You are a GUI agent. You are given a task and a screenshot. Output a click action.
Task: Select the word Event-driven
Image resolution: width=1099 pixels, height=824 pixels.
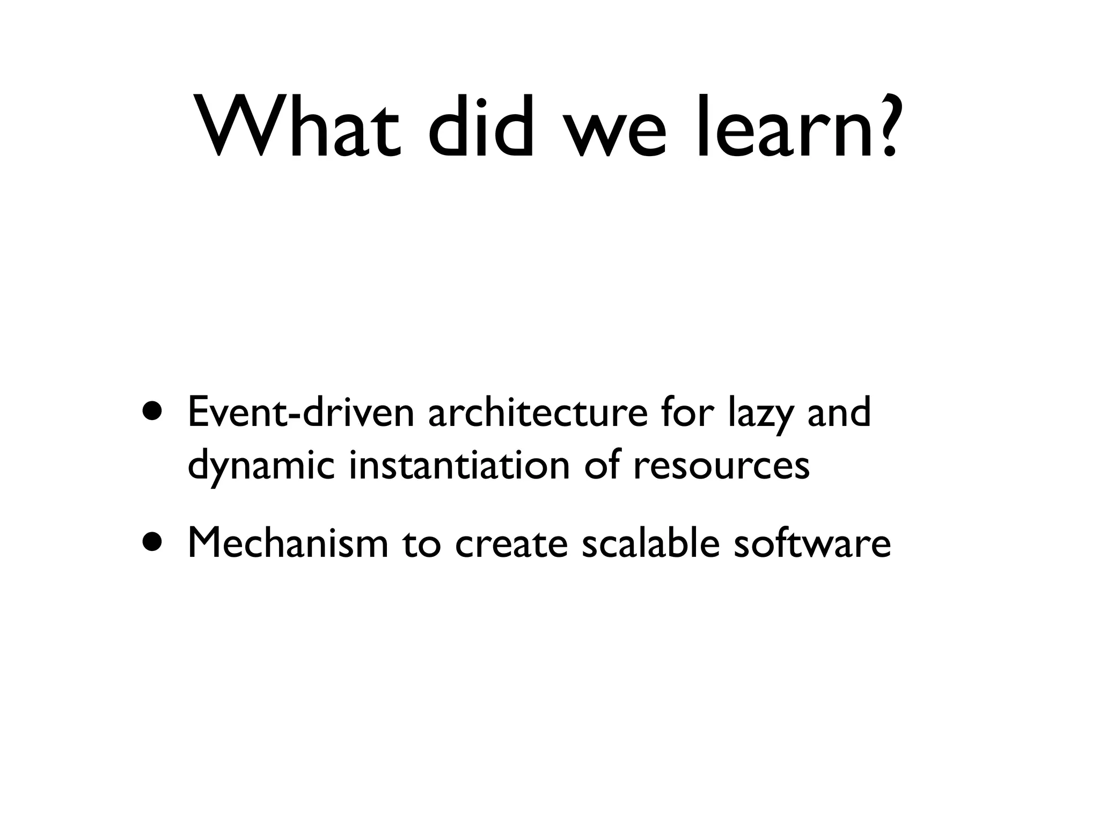(301, 413)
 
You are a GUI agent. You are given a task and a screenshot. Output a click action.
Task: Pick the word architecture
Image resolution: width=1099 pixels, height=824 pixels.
(538, 413)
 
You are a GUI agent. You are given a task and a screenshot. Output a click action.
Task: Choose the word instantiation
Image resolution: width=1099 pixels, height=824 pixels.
(459, 465)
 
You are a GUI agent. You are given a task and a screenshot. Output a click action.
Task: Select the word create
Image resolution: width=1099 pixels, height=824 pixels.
(511, 543)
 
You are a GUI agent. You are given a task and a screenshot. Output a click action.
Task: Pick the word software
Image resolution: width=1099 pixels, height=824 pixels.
(812, 542)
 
